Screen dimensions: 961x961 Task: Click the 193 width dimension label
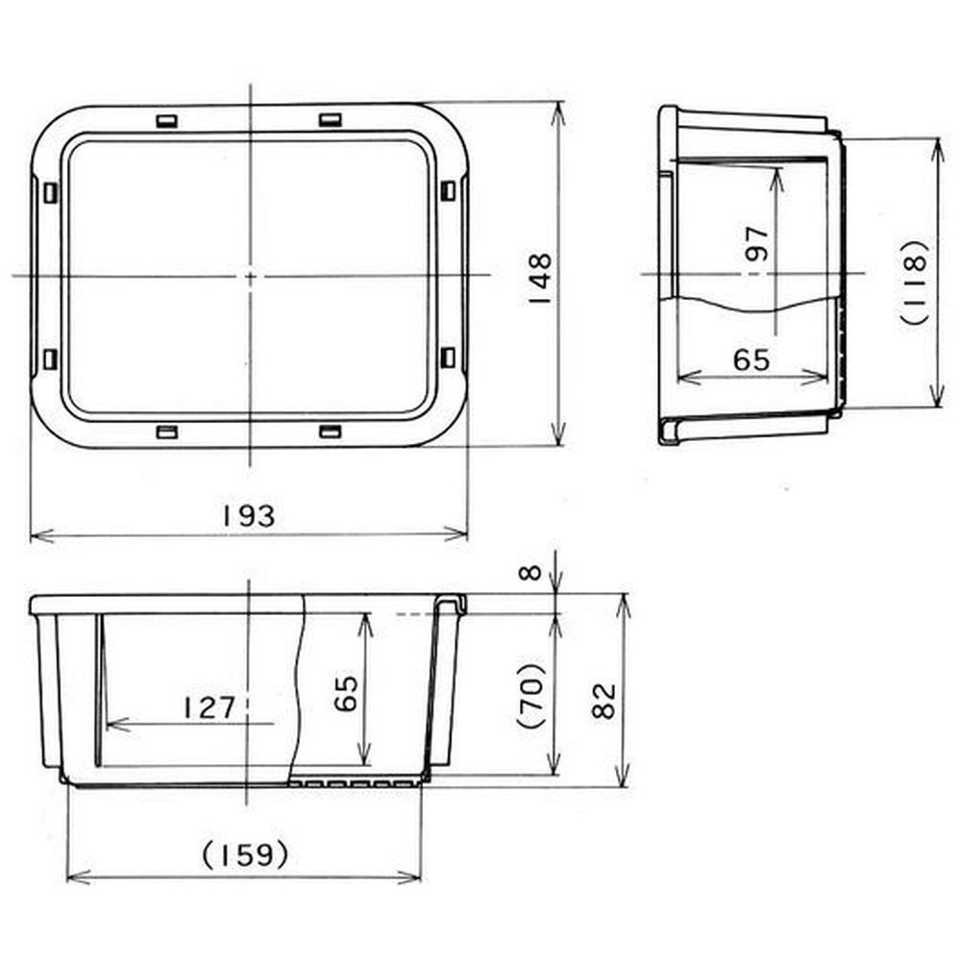(x=248, y=517)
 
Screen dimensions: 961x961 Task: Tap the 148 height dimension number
(x=539, y=280)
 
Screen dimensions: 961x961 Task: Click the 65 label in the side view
(x=752, y=359)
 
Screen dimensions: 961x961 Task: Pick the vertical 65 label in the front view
(x=346, y=693)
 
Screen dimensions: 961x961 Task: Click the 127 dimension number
(x=209, y=708)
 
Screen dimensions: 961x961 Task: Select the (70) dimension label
(x=532, y=695)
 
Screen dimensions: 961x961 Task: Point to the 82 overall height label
(x=604, y=701)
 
